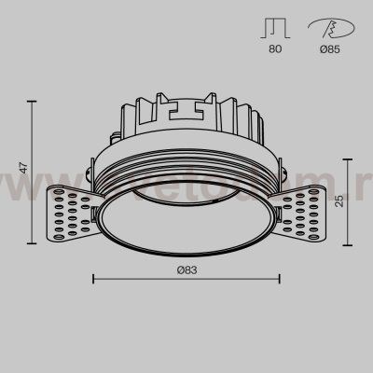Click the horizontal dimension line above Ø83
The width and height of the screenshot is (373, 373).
(x=186, y=277)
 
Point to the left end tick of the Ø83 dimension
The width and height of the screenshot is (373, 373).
(x=93, y=277)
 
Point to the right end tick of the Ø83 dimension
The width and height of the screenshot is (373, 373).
(x=280, y=277)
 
